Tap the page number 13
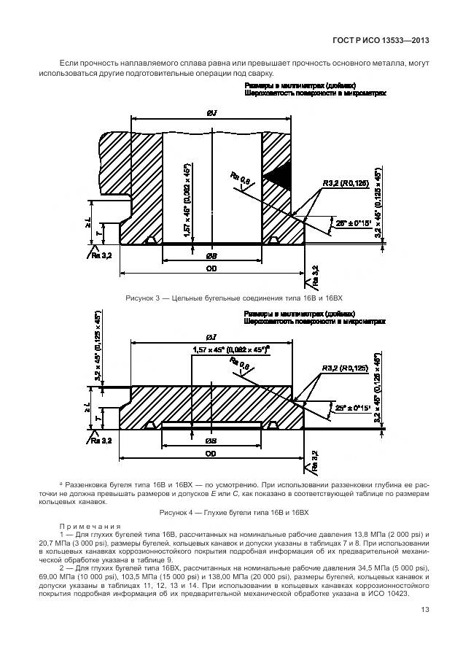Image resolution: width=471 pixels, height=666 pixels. pyautogui.click(x=422, y=631)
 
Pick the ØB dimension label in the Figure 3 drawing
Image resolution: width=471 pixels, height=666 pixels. pyautogui.click(x=211, y=257)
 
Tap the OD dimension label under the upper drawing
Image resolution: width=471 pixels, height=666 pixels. pyautogui.click(x=211, y=269)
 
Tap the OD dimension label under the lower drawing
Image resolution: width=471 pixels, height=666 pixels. pyautogui.click(x=211, y=454)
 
